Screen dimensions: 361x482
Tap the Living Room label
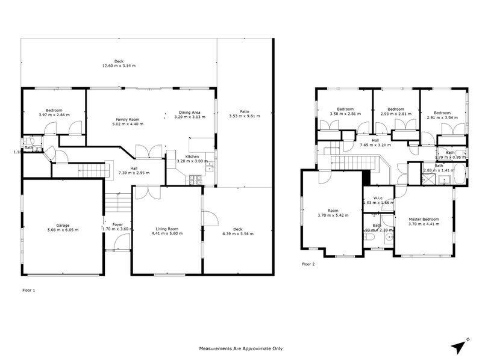coord(167,229)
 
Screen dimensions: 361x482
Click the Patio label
coord(244,111)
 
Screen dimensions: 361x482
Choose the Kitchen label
coord(192,156)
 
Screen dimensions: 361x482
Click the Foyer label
coord(117,224)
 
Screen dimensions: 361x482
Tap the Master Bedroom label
coord(424,219)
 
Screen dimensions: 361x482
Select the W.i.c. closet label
coord(378,197)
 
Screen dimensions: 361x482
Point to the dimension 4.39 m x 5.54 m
coord(238,233)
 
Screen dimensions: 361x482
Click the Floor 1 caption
coord(29,290)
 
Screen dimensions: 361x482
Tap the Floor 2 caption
coord(308,264)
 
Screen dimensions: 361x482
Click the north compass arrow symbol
coord(460,345)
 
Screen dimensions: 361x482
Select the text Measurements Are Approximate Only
coord(240,348)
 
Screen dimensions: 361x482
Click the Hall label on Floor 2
coord(375,140)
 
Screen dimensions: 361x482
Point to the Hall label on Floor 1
coord(134,168)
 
